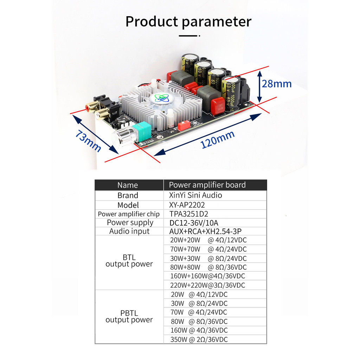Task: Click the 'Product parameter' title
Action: pyautogui.click(x=188, y=22)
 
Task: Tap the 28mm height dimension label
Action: pyautogui.click(x=277, y=84)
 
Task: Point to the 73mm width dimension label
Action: pyautogui.click(x=88, y=141)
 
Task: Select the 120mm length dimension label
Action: pyautogui.click(x=217, y=139)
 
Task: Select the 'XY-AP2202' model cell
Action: pyautogui.click(x=187, y=205)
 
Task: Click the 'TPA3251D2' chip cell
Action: pyautogui.click(x=189, y=214)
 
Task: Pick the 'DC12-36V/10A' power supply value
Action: pyautogui.click(x=194, y=223)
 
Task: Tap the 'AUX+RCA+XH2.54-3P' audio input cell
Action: pyautogui.click(x=205, y=231)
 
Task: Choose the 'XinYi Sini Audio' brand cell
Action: pyautogui.click(x=195, y=195)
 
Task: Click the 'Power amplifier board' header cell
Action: pyautogui.click(x=207, y=185)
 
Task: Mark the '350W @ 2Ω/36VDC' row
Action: pyautogui.click(x=199, y=340)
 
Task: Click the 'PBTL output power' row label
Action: pyautogui.click(x=129, y=316)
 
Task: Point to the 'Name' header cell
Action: pyautogui.click(x=128, y=185)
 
